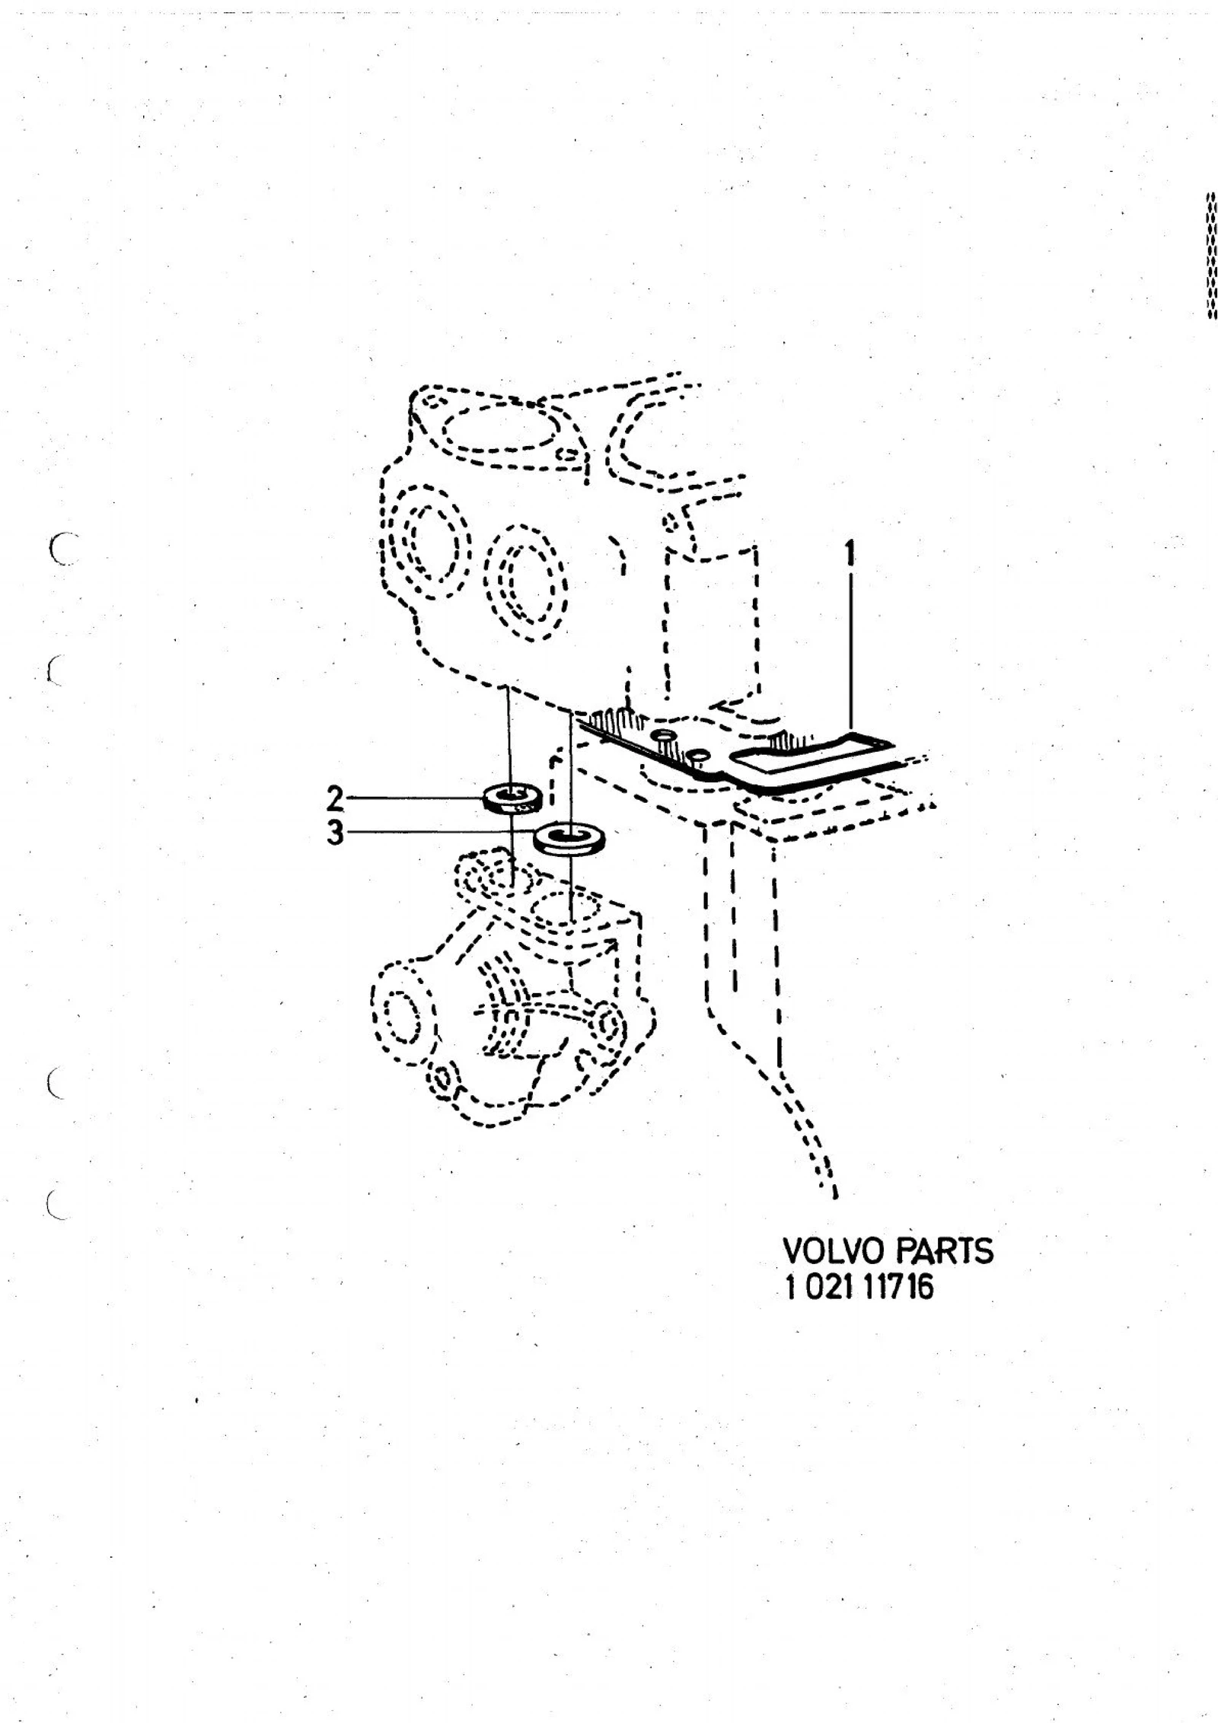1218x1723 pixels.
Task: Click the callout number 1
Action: click(851, 554)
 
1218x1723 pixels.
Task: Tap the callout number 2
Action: click(335, 798)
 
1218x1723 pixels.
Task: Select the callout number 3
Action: click(336, 834)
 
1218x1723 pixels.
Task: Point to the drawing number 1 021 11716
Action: click(859, 1288)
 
